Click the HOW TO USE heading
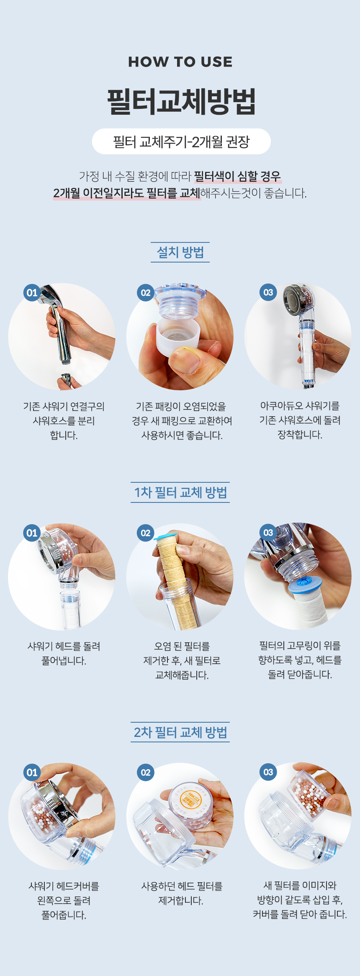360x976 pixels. pos(180,62)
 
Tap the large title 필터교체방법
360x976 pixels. pos(181,101)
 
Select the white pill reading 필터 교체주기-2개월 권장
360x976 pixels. pos(181,142)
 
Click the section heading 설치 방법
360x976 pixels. pos(180,252)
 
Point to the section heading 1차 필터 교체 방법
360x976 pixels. pos(180,492)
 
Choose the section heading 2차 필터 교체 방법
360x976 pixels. pos(180,732)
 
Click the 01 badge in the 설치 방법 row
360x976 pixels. pos(32,293)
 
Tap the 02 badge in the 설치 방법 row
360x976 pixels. pos(145,293)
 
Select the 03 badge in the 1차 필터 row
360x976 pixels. pos(268,533)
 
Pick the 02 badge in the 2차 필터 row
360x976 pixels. pos(145,773)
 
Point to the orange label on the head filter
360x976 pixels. pos(190,799)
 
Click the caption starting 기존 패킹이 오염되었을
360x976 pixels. pos(182,421)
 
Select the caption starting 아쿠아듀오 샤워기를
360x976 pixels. pos(300,420)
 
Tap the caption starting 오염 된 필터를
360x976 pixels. pos(182,661)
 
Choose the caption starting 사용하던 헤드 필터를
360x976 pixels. pos(182,893)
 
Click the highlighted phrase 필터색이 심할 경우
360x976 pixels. pos(237,176)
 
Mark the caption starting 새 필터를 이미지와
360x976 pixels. pos(300,900)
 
